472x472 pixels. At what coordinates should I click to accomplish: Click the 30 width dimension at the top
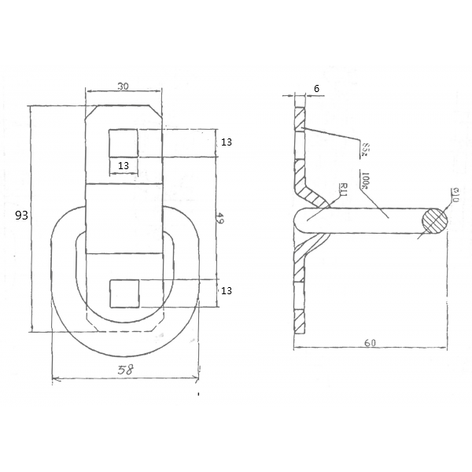click(x=124, y=87)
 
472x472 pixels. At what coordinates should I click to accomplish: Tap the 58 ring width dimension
click(x=125, y=370)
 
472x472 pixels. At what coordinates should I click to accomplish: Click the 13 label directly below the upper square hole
click(x=124, y=165)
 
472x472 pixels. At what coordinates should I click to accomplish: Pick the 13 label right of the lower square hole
click(x=227, y=291)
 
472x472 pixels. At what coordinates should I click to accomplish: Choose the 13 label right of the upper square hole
click(x=227, y=142)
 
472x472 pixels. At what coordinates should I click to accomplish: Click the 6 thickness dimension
click(x=315, y=89)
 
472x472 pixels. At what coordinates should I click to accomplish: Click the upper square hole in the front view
click(x=124, y=142)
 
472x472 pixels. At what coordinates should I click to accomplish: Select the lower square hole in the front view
click(x=124, y=293)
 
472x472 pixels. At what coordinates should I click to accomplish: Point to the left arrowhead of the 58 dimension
click(x=55, y=380)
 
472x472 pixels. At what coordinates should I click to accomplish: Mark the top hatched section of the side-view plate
click(x=299, y=118)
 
